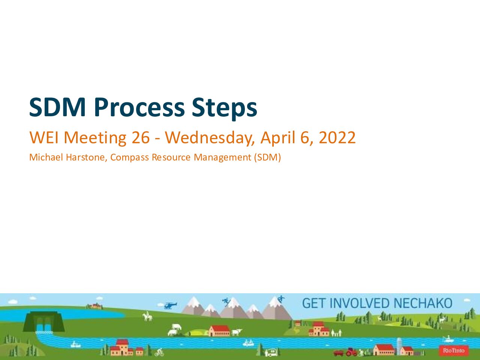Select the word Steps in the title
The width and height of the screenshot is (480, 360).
point(224,109)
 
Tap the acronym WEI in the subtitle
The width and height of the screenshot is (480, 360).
point(44,138)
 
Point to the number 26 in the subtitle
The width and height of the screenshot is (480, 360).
point(141,138)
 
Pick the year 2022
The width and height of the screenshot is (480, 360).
point(337,138)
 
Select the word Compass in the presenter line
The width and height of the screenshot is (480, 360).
point(129,157)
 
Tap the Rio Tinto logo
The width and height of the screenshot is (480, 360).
point(453,351)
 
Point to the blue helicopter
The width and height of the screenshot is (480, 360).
point(170,305)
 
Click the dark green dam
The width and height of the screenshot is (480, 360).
point(44,321)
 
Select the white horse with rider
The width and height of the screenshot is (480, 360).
point(147,316)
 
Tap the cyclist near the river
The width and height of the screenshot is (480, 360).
point(159,352)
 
